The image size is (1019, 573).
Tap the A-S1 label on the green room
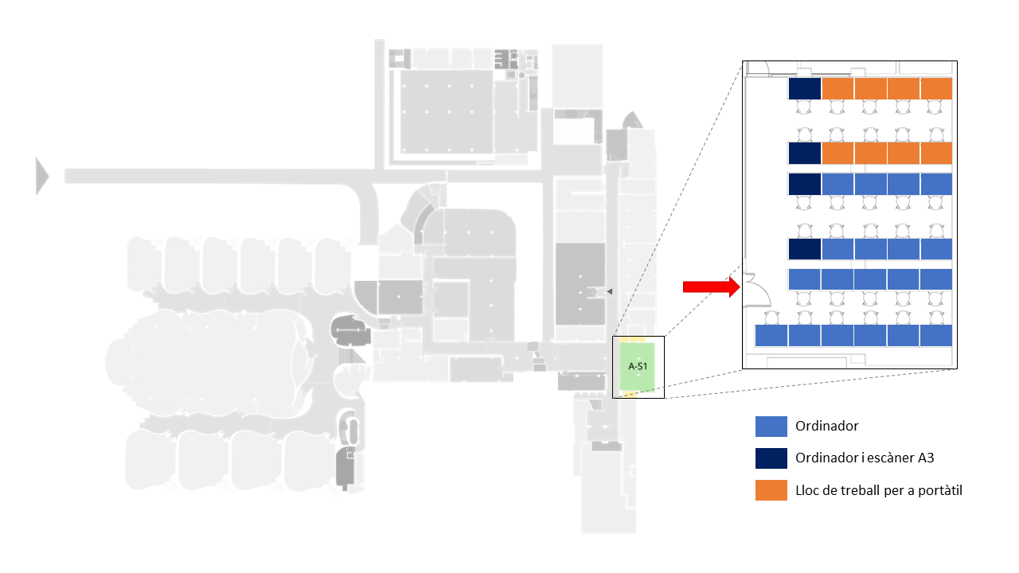click(637, 367)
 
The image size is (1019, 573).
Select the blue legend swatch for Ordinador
click(771, 427)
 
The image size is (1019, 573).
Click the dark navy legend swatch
click(771, 458)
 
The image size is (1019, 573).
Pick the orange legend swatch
click(771, 490)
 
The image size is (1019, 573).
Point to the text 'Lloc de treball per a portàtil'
click(879, 490)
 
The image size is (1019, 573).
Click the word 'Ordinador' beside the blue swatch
click(827, 427)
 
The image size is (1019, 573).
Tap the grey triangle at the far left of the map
click(41, 176)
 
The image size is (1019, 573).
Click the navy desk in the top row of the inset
click(804, 88)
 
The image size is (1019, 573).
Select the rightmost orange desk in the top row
click(936, 88)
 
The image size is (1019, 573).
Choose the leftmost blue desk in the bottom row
click(771, 336)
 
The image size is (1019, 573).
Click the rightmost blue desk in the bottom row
click(936, 336)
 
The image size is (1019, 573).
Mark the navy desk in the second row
click(804, 152)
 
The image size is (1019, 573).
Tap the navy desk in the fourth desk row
click(804, 249)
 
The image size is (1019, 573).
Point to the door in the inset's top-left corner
click(756, 69)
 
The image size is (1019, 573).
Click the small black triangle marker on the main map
click(609, 293)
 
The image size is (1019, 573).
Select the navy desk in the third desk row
click(804, 184)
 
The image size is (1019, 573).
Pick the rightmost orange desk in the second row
click(936, 152)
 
